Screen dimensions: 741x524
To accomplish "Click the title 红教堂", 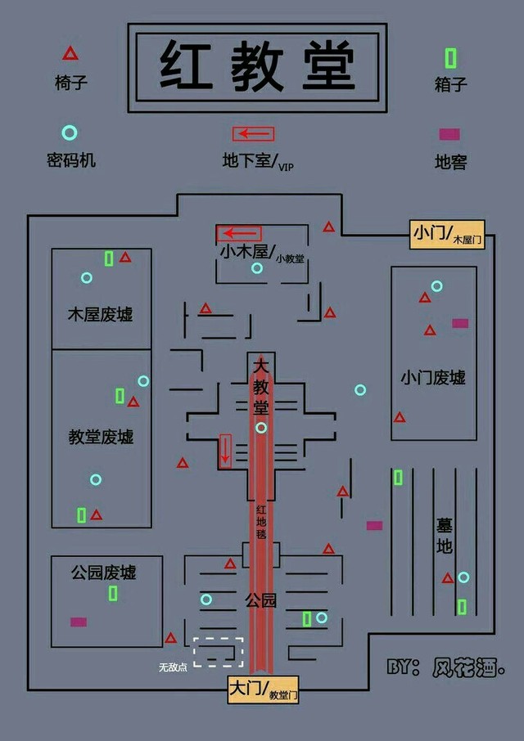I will click(257, 65).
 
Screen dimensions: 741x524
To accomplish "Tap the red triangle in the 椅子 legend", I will click(70, 54).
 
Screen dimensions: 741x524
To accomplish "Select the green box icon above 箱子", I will click(450, 58).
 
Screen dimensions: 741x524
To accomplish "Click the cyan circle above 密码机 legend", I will click(70, 132).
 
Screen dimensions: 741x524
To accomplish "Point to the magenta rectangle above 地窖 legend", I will click(449, 134).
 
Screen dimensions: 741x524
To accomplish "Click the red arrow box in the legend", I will click(253, 133).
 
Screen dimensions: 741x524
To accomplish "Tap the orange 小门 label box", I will click(447, 234).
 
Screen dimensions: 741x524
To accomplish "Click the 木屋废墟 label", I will click(100, 314).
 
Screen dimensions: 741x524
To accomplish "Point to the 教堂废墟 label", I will click(101, 437).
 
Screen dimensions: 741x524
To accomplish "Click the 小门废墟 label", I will click(433, 377).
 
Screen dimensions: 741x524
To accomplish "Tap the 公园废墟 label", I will click(104, 572).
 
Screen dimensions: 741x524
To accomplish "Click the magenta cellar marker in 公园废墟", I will click(79, 622).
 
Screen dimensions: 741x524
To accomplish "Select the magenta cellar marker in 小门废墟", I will click(460, 323).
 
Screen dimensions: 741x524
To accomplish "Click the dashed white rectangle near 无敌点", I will click(219, 651).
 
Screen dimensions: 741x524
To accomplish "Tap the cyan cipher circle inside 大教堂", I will click(261, 427).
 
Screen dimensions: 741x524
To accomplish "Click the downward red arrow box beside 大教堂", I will click(226, 450).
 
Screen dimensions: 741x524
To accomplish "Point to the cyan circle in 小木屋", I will click(257, 267).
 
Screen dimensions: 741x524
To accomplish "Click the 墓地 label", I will click(444, 536).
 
